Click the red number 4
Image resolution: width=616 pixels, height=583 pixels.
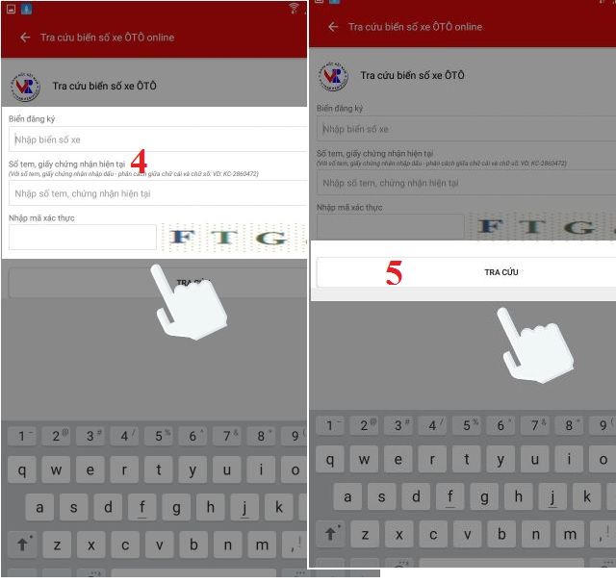(x=139, y=160)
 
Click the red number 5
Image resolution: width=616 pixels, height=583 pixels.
(x=394, y=272)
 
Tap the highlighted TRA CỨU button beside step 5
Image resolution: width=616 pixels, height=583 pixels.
(x=500, y=272)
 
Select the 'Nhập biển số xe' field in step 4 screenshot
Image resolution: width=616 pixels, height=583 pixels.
(x=154, y=139)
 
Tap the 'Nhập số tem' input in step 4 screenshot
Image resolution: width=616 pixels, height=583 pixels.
(x=154, y=194)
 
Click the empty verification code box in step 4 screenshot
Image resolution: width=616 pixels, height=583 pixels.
(x=82, y=238)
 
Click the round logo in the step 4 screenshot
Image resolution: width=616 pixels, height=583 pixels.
(x=25, y=87)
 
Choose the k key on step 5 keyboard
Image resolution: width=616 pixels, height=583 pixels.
(x=586, y=495)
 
